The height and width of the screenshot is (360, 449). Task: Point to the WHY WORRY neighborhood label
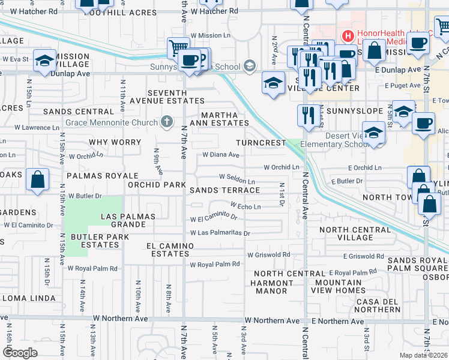115,143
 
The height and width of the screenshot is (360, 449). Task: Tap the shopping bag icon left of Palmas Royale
38,180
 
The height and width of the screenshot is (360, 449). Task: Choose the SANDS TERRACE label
224,190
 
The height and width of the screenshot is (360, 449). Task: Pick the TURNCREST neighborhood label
261,143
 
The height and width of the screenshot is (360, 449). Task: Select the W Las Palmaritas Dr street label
219,233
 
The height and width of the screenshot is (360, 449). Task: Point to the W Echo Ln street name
245,206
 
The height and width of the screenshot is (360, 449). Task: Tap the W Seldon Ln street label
237,178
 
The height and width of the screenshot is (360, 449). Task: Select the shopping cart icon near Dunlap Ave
178,48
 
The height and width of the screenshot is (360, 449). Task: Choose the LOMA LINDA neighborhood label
28,298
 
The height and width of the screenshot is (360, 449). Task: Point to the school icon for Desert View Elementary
374,134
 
